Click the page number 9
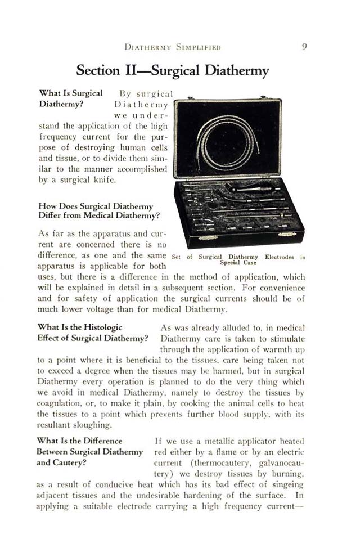303,47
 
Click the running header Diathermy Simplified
172,47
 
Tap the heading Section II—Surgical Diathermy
172,71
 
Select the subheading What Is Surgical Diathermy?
70,98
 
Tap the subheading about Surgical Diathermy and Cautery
89,452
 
